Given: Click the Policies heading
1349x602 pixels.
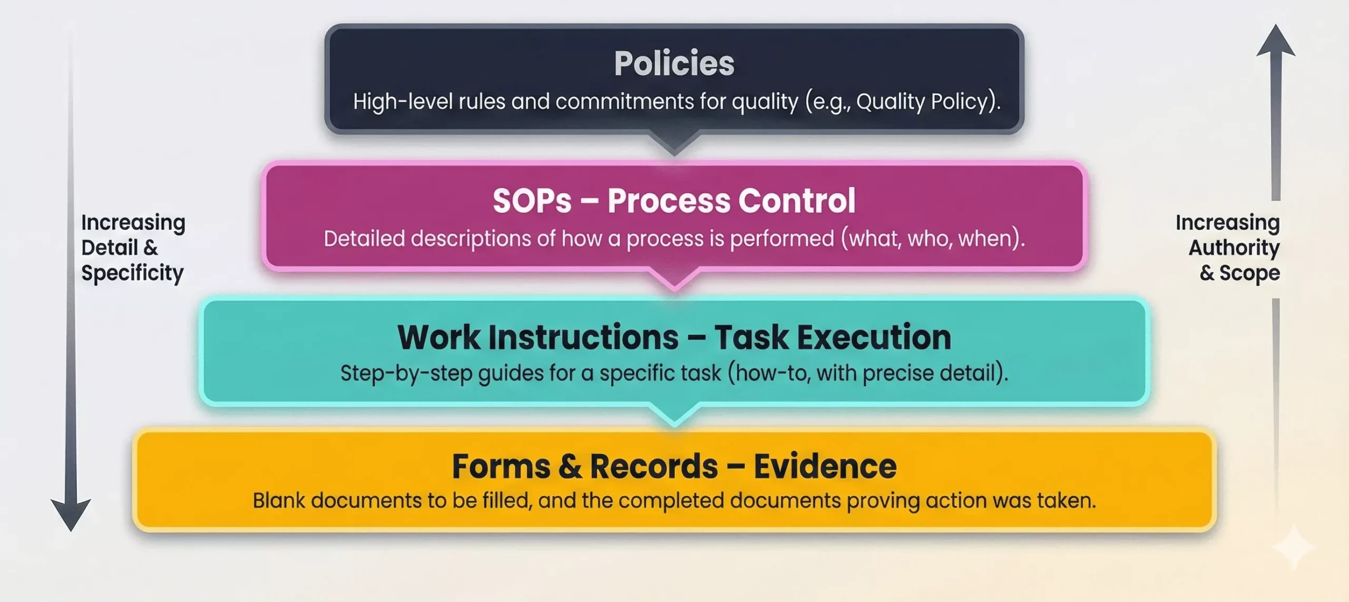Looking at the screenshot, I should coord(674,64).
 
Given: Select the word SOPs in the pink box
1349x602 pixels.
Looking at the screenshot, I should coord(532,201).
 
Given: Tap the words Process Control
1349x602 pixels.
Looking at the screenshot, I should coord(731,201).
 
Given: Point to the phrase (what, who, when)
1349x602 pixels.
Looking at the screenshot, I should coord(932,239).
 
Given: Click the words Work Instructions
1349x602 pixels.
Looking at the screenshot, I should coord(538,338).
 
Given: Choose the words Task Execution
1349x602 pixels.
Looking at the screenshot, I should coord(833,338).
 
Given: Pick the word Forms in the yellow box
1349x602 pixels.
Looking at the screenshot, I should coord(501,467).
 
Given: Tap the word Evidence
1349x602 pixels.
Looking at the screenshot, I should coord(825,467).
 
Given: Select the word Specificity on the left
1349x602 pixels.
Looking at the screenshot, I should coord(132,273).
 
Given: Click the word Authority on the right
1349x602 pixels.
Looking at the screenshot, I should coord(1234,248).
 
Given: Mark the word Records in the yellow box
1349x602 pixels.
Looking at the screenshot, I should coord(653,467).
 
